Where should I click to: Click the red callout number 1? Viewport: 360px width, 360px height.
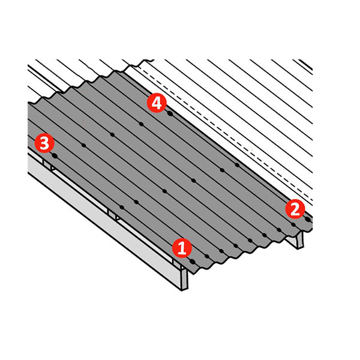point(182,248)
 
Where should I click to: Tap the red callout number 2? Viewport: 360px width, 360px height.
point(295,209)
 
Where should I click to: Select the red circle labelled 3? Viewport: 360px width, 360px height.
point(44,143)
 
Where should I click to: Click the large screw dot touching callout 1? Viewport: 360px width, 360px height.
point(193,262)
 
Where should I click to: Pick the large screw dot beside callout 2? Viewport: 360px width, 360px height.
point(308,220)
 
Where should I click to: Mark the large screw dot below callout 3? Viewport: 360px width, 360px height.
point(55,155)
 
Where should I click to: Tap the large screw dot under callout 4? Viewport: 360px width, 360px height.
point(170,113)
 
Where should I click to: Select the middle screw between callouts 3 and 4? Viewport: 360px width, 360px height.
point(112,134)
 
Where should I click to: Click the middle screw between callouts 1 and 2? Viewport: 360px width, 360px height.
point(250,241)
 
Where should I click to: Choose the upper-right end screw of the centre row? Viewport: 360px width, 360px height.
point(237,165)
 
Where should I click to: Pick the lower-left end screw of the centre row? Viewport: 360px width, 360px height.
point(122,208)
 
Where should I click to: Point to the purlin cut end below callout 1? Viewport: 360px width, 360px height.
point(184,280)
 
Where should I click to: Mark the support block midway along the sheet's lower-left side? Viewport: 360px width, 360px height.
point(113,215)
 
